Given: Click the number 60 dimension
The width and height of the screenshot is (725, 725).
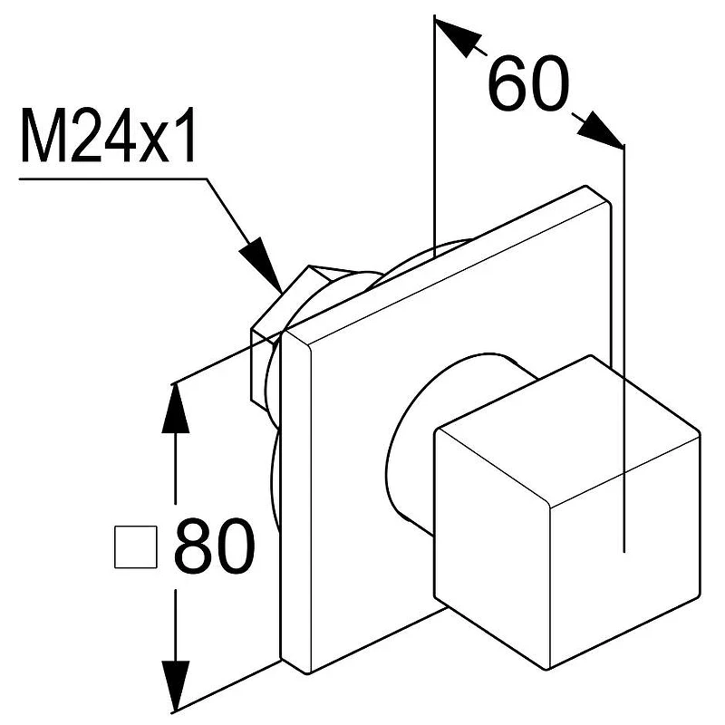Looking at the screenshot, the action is [528, 84].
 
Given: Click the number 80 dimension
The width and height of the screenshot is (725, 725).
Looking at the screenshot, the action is [214, 546].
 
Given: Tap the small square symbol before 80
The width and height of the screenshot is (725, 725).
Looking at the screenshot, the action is [135, 546].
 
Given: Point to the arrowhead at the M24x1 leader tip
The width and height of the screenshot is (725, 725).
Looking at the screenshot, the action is [262, 265].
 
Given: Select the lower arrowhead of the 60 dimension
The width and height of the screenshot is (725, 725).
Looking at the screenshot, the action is [599, 130].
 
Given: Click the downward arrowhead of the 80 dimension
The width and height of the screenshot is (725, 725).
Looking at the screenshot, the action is [175, 685].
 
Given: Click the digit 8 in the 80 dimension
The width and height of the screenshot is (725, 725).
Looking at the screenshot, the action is [193, 546].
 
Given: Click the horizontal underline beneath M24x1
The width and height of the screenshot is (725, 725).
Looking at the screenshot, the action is [112, 179].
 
